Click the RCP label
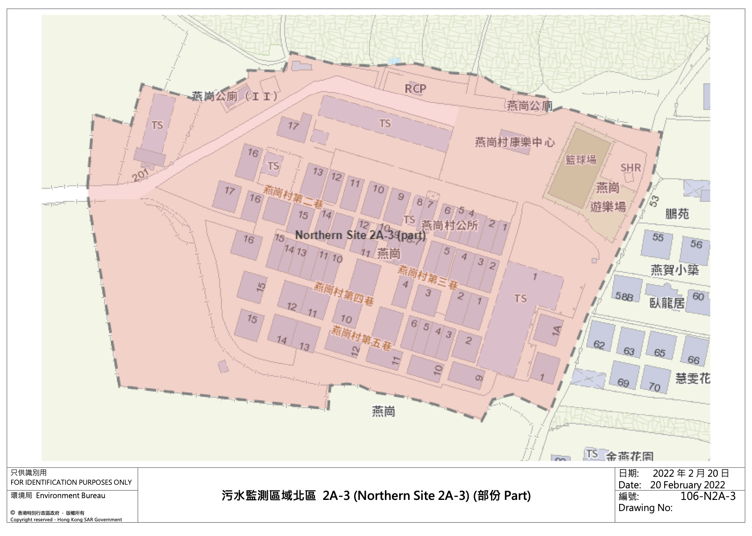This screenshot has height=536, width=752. (x=415, y=89)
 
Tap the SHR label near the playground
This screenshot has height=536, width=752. (x=630, y=168)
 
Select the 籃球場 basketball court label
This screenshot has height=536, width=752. (x=580, y=160)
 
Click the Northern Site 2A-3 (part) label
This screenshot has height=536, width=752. (x=360, y=235)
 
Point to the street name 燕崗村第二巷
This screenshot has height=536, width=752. (x=293, y=196)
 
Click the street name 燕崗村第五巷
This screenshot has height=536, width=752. (x=361, y=338)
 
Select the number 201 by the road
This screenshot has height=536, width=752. (x=140, y=175)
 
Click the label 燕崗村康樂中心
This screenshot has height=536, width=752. (x=515, y=142)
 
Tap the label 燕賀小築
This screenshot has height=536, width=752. (x=674, y=270)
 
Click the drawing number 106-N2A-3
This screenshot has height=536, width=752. (x=708, y=496)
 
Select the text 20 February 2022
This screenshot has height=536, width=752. (x=687, y=485)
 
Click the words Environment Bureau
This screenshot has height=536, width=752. (x=70, y=495)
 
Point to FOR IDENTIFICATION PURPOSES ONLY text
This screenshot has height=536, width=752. (x=71, y=482)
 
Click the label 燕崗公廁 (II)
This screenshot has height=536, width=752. (x=235, y=96)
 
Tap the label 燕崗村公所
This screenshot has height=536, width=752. (x=449, y=225)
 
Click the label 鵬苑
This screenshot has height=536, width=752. (x=677, y=214)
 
